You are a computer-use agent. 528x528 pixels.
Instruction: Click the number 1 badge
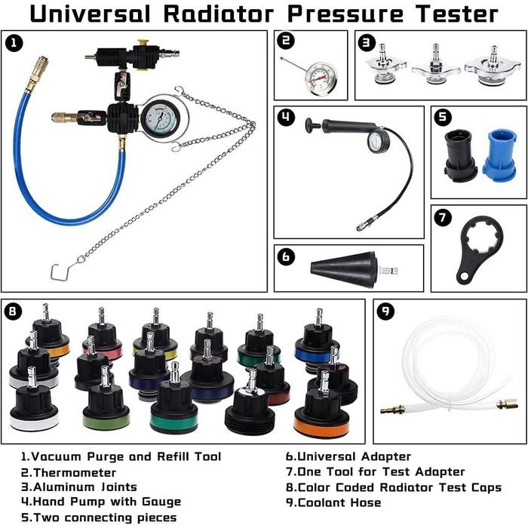14,44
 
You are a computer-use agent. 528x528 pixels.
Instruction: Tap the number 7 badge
443,217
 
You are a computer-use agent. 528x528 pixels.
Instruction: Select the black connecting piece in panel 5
461,155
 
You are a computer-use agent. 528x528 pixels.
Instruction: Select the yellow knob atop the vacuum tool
143,43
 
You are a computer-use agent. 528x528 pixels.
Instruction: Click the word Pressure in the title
345,14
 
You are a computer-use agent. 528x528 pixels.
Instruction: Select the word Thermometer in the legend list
75,472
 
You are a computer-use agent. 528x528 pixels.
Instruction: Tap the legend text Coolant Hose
339,502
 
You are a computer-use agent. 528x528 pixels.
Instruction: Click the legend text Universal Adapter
355,456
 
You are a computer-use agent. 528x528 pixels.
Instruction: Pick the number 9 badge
385,311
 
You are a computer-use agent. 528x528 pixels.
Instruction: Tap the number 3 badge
367,43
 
